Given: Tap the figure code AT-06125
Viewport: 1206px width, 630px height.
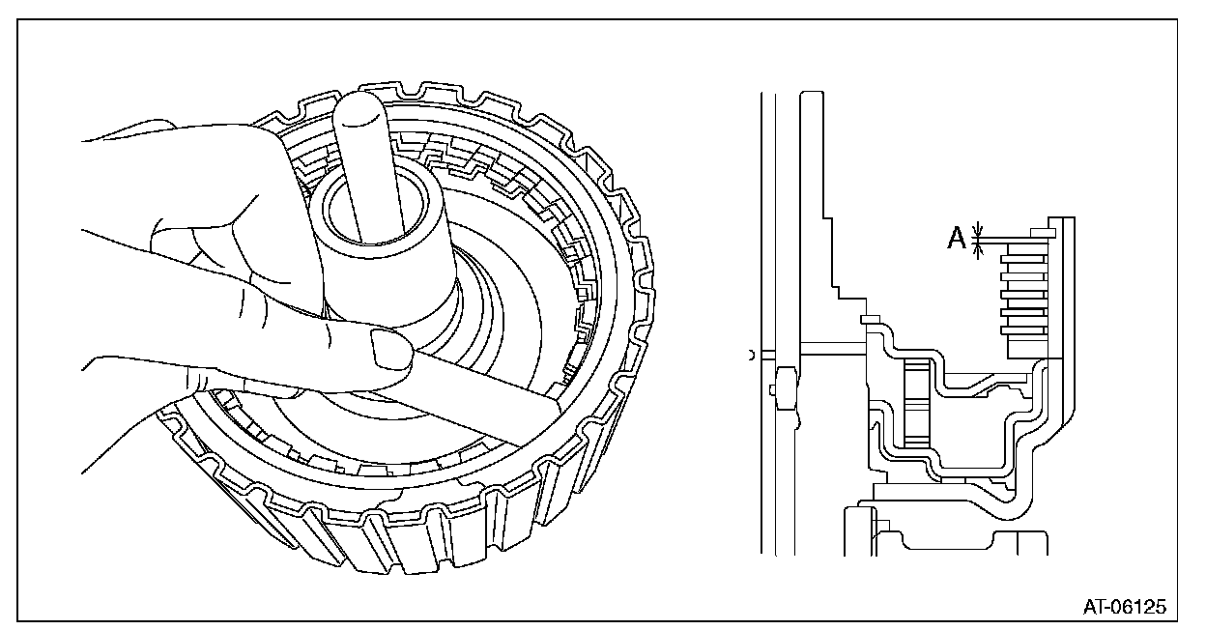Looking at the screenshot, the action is pos(1124,607).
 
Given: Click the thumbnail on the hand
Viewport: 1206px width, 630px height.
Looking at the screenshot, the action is pos(390,348).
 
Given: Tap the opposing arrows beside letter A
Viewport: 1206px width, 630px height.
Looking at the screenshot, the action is pos(978,239).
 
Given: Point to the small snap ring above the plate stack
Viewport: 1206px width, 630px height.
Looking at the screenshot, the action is pos(1042,232).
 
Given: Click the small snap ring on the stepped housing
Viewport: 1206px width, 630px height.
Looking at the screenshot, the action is pos(868,316).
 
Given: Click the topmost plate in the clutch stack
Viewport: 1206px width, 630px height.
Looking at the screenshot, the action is pos(1025,247).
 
